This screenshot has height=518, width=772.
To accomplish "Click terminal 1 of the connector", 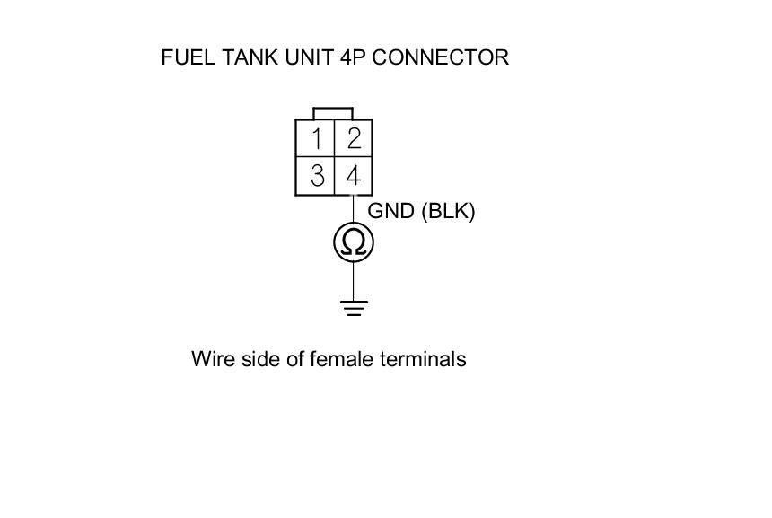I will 316,139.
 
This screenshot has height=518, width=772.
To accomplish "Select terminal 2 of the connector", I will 353,139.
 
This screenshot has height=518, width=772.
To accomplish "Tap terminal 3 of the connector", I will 316,176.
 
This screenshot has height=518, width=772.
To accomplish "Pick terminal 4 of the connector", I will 353,176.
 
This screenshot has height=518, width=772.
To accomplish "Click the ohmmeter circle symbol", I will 353,242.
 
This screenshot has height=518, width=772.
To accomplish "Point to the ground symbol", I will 354,309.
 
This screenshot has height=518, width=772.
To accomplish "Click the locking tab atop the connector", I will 333,114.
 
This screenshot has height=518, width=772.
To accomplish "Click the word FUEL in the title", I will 186,57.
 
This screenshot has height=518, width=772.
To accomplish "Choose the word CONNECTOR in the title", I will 440,57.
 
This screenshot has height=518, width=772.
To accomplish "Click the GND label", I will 390,211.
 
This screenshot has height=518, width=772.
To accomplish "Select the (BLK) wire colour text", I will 447,211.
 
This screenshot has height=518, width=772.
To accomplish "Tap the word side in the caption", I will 259,359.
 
